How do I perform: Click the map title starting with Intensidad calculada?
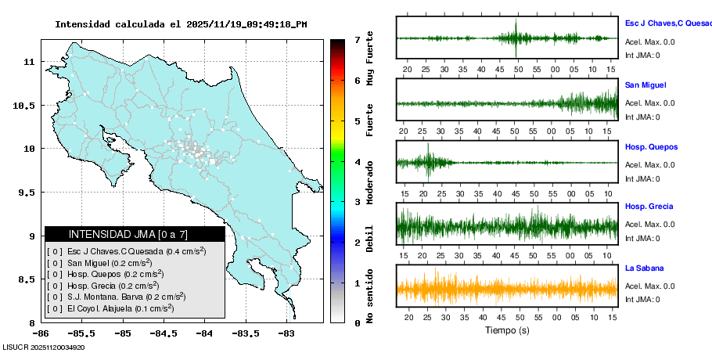click(181, 24)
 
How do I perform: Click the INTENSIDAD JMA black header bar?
click(135, 234)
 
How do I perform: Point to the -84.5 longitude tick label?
click(162, 333)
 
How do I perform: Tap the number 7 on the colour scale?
click(356, 39)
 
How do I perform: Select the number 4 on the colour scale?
click(356, 162)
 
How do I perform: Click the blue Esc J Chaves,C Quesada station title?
click(667, 23)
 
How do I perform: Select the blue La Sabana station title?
click(645, 268)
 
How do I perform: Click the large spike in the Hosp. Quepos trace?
click(428, 159)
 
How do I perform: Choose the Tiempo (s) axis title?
click(507, 330)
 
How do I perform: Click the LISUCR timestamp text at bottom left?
click(44, 347)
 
